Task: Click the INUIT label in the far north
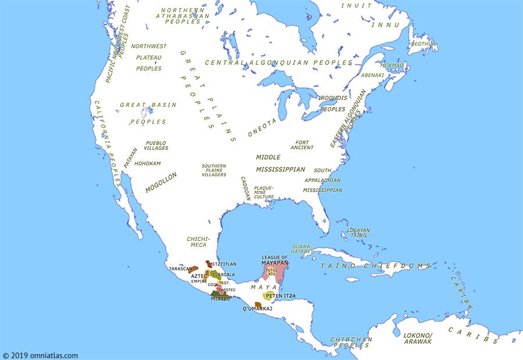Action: [x=356, y=5]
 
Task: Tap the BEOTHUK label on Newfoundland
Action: [x=423, y=44]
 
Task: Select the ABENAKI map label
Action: [x=372, y=75]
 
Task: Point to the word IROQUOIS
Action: [x=332, y=98]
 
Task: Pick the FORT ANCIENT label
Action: [x=302, y=145]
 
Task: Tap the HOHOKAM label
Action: [x=147, y=164]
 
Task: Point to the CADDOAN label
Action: [x=245, y=189]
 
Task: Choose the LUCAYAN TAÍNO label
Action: [x=358, y=232]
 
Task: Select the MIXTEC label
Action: [x=220, y=298]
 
